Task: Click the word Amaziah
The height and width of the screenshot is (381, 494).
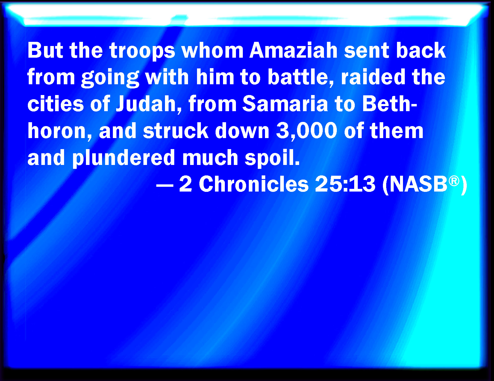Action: pos(293,51)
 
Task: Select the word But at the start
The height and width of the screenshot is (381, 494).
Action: pos(45,51)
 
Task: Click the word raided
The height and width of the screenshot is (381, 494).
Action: pos(373,77)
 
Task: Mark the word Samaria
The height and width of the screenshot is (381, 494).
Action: pos(285,103)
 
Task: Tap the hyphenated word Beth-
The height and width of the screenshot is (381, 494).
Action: pos(390,103)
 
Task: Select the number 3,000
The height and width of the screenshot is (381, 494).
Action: pos(307,131)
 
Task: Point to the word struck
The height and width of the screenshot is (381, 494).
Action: pos(176,130)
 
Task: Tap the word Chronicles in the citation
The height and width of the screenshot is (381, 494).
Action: pos(254,184)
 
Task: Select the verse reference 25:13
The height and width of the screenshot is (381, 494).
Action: pos(345,184)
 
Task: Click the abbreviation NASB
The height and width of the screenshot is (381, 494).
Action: pos(418,184)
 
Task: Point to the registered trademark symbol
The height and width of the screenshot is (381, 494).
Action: pos(454,181)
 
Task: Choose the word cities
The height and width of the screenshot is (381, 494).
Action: pos(56,103)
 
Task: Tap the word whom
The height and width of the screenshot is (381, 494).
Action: pos(213,51)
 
